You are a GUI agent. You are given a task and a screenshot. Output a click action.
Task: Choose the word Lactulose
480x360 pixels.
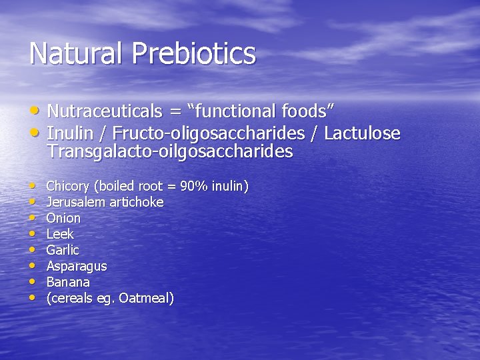click(x=362, y=133)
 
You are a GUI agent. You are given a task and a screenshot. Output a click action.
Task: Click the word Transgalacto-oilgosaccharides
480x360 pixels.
click(x=170, y=151)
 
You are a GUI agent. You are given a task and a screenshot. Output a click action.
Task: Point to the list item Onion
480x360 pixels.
click(x=63, y=218)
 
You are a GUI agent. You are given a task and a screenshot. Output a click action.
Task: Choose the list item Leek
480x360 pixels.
click(x=60, y=234)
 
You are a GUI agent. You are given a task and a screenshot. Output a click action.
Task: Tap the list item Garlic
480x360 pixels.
click(x=63, y=250)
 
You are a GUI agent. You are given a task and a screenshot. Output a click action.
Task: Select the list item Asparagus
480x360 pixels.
click(x=77, y=266)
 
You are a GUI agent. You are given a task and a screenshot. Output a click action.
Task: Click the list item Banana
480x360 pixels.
click(x=68, y=282)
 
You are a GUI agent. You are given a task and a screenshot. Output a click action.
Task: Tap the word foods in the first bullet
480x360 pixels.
click(x=306, y=111)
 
